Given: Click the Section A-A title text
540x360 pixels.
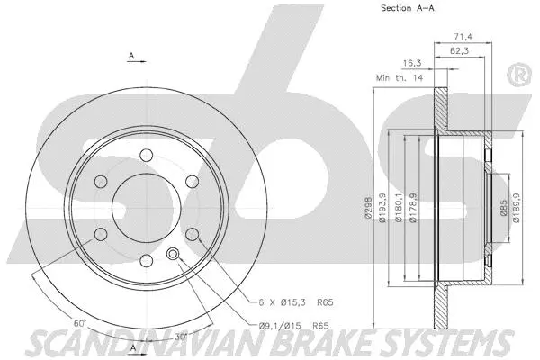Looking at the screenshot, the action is pyautogui.click(x=407, y=8).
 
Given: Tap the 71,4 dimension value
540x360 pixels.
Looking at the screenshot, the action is pyautogui.click(x=463, y=36).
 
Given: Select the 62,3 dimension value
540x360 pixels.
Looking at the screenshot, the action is pyautogui.click(x=459, y=51).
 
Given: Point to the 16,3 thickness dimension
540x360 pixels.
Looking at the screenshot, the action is pyautogui.click(x=412, y=63).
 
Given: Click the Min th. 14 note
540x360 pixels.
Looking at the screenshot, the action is pyautogui.click(x=400, y=78).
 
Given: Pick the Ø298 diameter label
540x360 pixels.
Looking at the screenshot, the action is pyautogui.click(x=368, y=208).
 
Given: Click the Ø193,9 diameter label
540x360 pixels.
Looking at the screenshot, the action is pyautogui.click(x=382, y=208).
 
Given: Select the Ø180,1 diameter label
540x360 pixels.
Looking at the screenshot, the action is pyautogui.click(x=399, y=208).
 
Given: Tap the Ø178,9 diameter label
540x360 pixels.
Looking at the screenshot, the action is pyautogui.click(x=413, y=208).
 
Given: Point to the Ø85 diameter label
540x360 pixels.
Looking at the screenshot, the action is pyautogui.click(x=503, y=208).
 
